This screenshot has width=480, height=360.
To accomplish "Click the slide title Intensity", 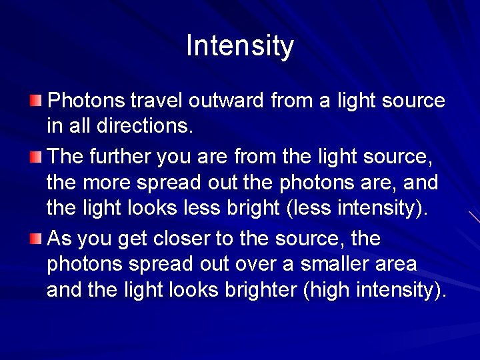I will (x=240, y=46).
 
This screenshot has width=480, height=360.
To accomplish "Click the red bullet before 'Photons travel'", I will (x=35, y=101).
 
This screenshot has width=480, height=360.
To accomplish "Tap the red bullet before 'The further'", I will (x=35, y=157).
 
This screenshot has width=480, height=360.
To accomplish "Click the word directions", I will (x=145, y=126).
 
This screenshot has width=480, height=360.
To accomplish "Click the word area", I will (x=395, y=265).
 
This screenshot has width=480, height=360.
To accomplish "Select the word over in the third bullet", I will (x=255, y=265).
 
